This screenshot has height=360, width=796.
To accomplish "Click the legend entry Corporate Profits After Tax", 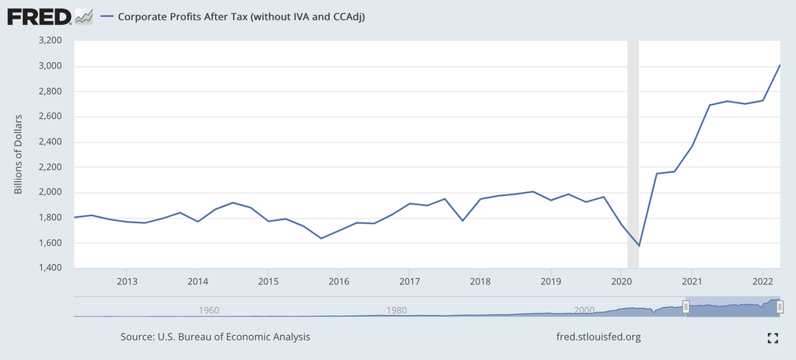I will [241, 16].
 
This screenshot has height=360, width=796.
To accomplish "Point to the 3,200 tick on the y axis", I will [49, 40].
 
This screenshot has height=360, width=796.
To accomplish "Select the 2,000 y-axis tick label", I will [49, 192].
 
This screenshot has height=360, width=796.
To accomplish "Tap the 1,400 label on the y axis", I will [49, 268].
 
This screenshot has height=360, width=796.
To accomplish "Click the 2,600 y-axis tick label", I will [49, 117].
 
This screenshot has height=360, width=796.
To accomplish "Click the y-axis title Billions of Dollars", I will [19, 154].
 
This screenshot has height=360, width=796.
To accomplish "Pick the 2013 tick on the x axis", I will [127, 281].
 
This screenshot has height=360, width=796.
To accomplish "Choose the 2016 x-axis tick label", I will [339, 281].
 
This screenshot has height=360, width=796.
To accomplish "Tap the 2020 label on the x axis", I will [621, 281].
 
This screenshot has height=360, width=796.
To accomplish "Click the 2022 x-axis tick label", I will [763, 281].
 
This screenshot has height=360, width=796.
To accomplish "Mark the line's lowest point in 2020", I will [639, 246].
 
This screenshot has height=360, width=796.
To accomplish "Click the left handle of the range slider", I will [686, 307].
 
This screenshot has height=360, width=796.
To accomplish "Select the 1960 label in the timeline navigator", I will [208, 310].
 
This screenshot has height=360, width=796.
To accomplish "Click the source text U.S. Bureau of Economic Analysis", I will [215, 337].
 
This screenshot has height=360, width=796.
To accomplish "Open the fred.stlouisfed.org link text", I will [599, 337].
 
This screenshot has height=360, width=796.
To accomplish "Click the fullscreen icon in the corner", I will [772, 337].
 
